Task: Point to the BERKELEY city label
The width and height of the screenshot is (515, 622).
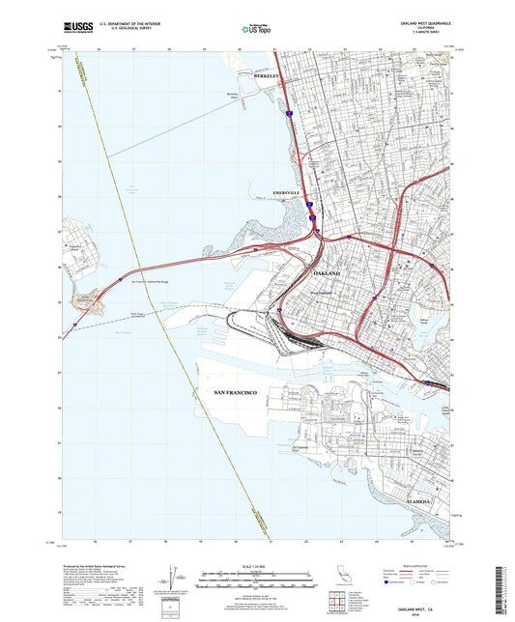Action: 266,75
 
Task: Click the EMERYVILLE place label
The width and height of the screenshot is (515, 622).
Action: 290,191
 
